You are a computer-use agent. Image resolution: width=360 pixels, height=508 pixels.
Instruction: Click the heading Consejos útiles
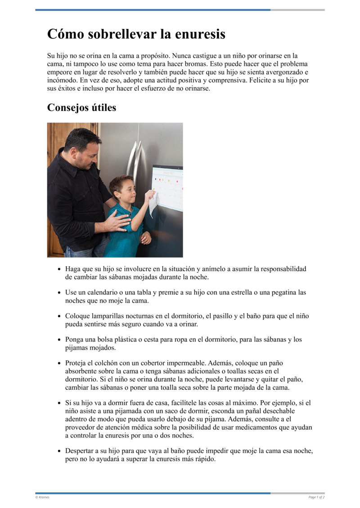click(81, 108)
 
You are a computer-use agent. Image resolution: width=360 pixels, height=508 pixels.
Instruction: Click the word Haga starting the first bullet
click(73, 269)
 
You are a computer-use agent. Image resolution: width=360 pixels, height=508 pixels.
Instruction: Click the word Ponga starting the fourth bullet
click(75, 339)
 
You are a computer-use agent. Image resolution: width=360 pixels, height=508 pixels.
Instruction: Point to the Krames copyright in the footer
click(43, 497)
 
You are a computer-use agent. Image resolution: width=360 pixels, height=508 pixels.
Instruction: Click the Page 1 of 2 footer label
click(316, 497)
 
